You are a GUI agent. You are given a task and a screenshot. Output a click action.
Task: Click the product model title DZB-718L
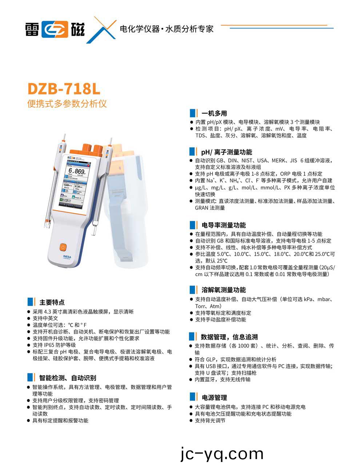(x=64, y=89)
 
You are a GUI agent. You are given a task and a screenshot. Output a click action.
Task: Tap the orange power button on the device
(x=63, y=247)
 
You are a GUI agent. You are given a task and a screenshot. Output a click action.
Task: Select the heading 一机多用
(x=214, y=113)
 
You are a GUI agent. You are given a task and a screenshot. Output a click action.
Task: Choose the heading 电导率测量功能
(x=223, y=225)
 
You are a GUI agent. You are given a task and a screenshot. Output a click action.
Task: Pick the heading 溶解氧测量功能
(x=223, y=290)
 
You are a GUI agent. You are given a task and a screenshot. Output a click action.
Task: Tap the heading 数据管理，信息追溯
(x=229, y=337)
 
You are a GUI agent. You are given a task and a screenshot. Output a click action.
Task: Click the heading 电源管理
(x=214, y=398)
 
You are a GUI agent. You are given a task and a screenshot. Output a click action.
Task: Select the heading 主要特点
(x=52, y=302)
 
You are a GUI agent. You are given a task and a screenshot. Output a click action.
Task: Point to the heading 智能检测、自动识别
(x=68, y=378)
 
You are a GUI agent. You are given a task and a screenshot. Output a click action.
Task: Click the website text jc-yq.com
(x=222, y=454)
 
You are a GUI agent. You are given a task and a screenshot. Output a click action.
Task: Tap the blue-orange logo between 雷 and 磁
(x=55, y=29)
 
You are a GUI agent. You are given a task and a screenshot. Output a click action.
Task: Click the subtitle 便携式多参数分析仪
(x=67, y=104)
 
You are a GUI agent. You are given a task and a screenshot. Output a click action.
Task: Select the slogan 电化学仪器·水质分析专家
(x=167, y=29)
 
